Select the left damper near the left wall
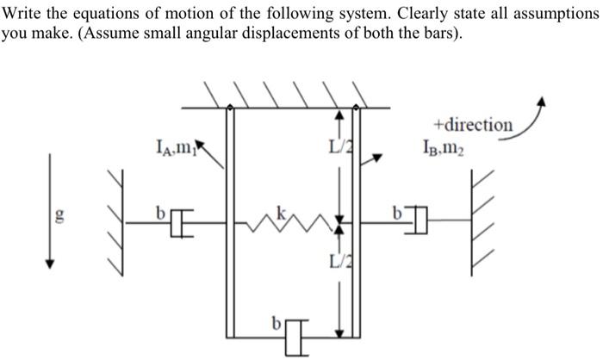[x=180, y=223]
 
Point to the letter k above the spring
[x=279, y=209]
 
